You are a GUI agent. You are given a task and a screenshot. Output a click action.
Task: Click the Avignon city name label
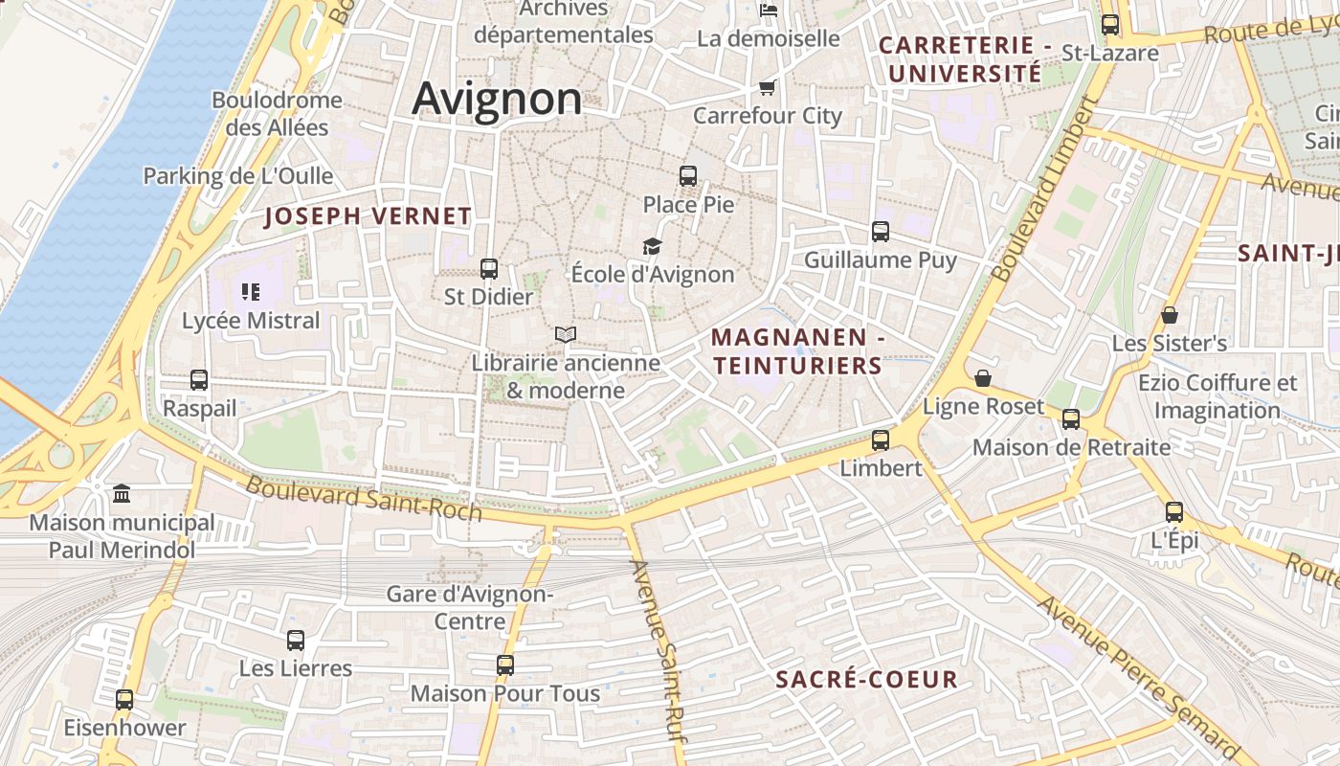click(497, 99)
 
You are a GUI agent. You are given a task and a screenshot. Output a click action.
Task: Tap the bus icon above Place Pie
click(688, 176)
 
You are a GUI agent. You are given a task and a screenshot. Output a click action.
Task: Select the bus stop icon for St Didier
click(489, 269)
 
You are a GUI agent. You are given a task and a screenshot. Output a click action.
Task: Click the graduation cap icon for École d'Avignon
click(652, 247)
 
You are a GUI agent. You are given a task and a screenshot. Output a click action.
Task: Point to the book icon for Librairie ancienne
click(566, 335)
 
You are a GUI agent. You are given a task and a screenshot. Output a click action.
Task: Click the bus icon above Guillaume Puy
click(881, 232)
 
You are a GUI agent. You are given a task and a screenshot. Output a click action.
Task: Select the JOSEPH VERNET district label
click(368, 216)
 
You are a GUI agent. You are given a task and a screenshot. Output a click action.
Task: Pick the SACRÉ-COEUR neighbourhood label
click(866, 680)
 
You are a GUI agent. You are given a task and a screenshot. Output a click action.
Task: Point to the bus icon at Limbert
click(881, 440)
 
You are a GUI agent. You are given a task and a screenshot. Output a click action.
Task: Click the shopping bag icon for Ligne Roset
click(983, 378)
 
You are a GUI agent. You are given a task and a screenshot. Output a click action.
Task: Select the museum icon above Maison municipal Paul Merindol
click(122, 494)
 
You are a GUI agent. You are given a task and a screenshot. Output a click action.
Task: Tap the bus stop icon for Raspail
click(199, 380)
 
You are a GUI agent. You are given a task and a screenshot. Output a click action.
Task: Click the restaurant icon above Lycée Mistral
click(251, 292)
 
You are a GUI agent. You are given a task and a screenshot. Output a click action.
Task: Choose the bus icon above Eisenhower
click(124, 700)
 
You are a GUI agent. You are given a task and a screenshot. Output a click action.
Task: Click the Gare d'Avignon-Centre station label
click(470, 607)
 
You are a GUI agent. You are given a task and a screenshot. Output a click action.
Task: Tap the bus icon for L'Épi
click(1174, 512)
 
